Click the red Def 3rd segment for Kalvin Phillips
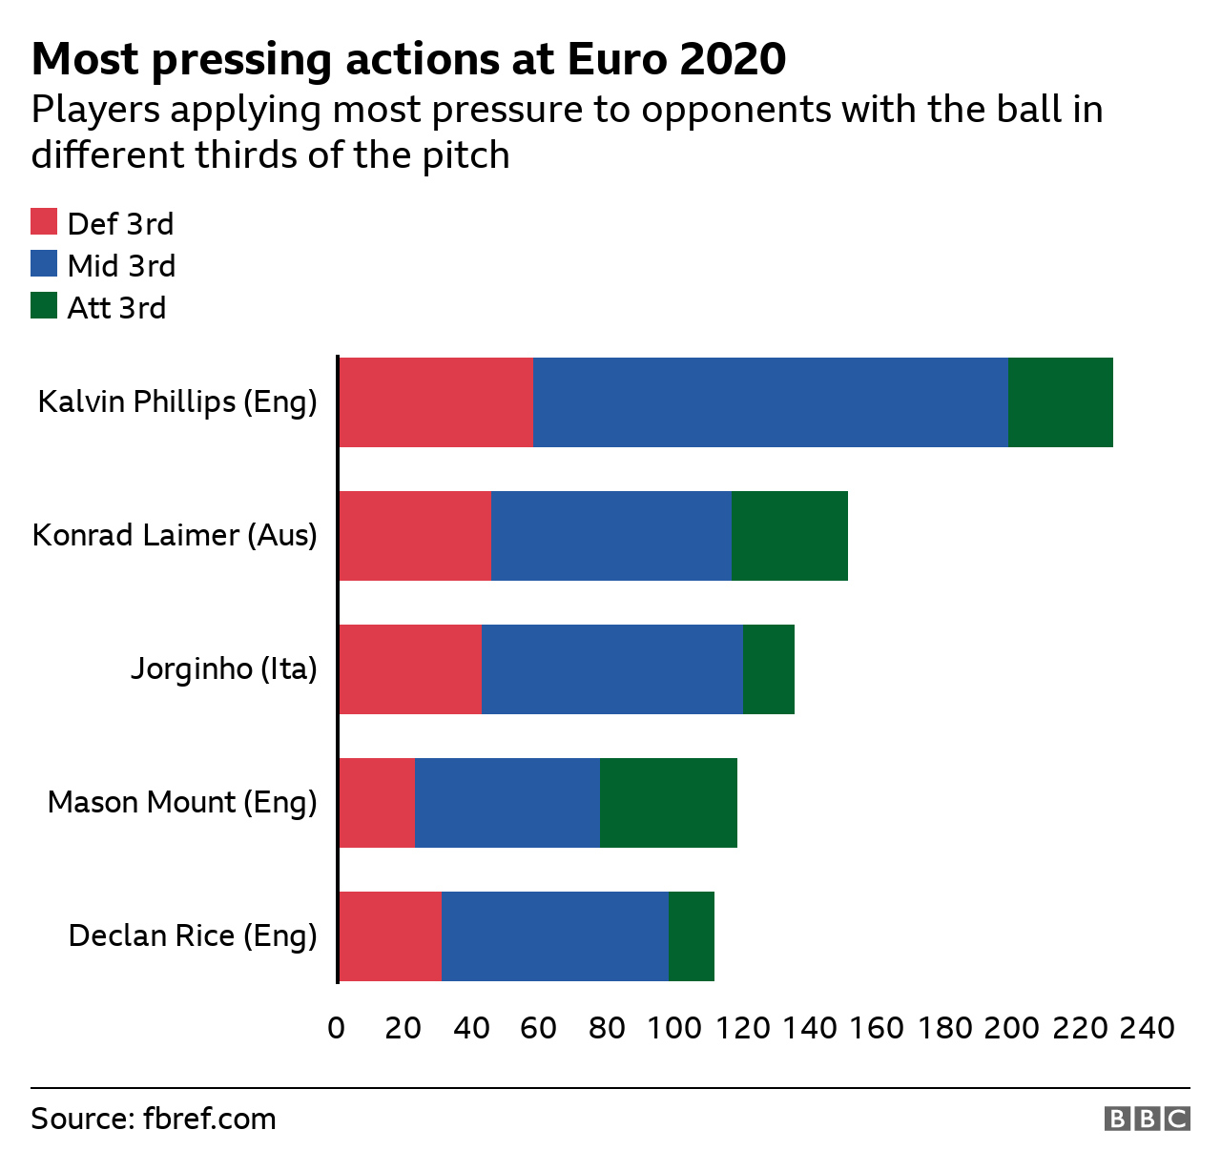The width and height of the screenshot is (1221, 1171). click(x=436, y=402)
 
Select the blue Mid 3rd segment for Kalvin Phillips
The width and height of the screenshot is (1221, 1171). click(x=771, y=402)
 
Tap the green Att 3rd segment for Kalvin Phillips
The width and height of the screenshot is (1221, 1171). click(x=1061, y=402)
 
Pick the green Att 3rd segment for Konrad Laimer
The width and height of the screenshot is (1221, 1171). click(x=790, y=536)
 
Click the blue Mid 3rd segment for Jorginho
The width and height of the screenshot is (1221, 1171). click(x=612, y=669)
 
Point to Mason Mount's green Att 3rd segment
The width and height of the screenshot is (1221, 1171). click(x=669, y=803)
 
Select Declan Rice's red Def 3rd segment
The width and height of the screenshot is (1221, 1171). click(x=390, y=936)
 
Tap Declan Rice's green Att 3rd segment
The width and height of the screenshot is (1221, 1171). click(x=692, y=936)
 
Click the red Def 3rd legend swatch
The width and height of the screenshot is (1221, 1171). click(x=44, y=222)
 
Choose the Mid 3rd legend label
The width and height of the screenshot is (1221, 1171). click(x=121, y=266)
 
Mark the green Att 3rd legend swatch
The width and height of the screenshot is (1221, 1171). click(x=44, y=306)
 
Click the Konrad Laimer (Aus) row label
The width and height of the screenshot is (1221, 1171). click(x=175, y=535)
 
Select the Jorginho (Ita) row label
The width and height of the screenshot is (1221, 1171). click(x=223, y=669)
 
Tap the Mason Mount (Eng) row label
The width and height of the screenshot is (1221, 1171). click(x=182, y=802)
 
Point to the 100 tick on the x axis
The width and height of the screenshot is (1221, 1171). click(x=674, y=1028)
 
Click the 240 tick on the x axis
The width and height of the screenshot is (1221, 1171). click(x=1147, y=1028)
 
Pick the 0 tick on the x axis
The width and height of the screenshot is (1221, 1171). click(x=336, y=1028)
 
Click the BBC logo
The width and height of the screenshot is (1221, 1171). click(x=1147, y=1119)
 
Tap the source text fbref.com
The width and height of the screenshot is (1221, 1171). click(x=209, y=1119)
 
